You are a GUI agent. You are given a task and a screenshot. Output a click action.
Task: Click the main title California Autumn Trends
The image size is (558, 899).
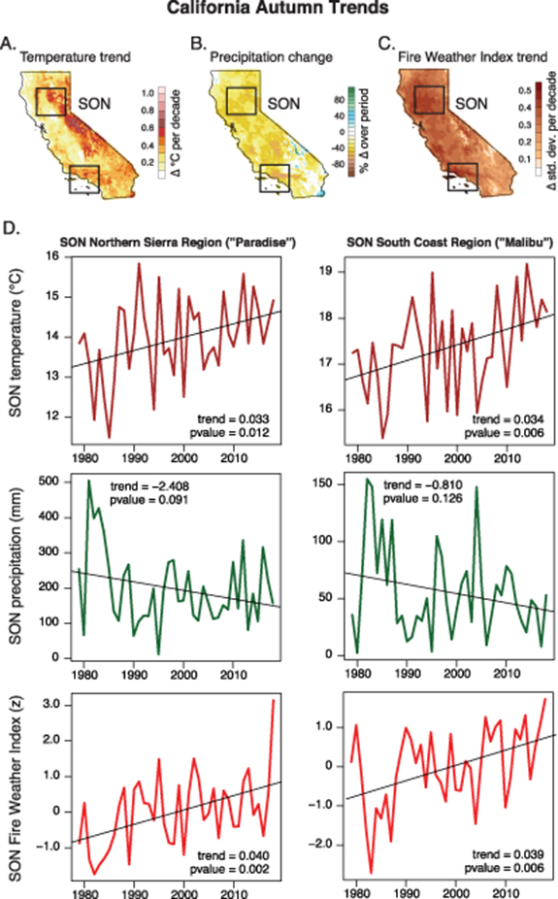[x=279, y=13]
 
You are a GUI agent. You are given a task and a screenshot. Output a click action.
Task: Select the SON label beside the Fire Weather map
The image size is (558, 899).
[x=470, y=101]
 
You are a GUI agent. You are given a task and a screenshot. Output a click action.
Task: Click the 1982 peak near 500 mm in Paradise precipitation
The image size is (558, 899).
[x=89, y=482]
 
